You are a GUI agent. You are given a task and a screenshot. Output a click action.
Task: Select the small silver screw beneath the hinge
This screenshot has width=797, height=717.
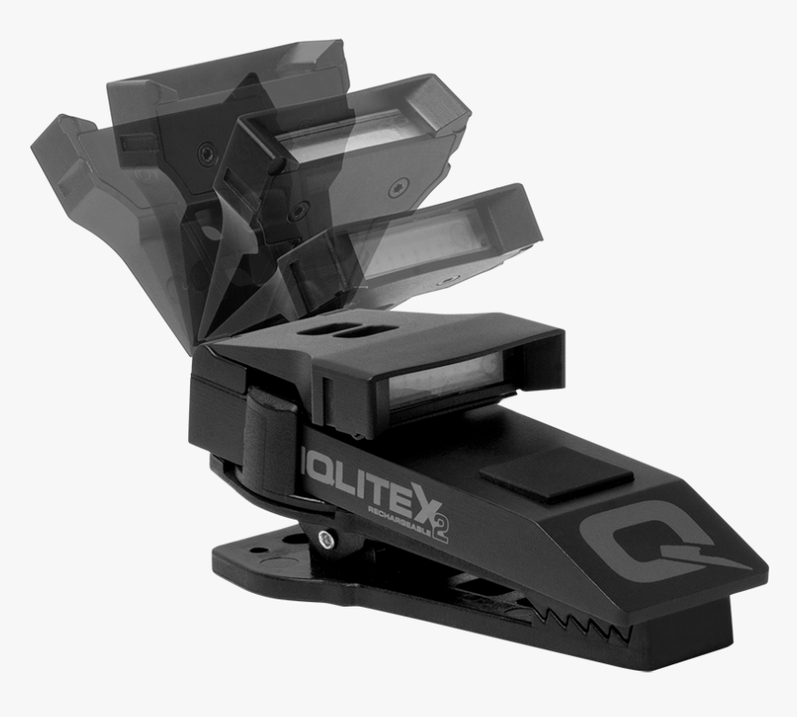point(327,538)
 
